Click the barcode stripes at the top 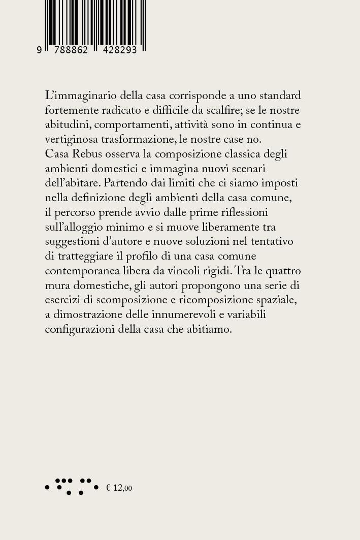click(95, 23)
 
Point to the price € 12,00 click(119, 488)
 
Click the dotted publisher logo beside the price click(72, 486)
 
